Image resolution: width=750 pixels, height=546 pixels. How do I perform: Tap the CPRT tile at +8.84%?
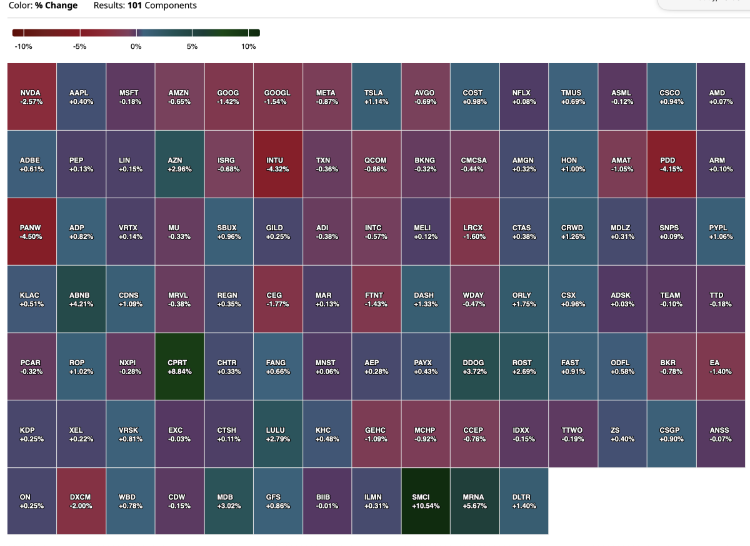[178, 367]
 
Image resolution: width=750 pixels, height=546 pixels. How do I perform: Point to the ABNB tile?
[81, 299]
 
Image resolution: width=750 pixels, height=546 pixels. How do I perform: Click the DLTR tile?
[524, 502]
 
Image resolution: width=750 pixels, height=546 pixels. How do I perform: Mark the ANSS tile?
[721, 434]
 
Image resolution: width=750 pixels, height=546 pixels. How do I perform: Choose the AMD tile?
[721, 96]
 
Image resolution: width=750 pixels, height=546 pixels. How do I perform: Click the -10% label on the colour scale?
[23, 46]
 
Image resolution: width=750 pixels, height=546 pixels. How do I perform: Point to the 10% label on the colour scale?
[248, 46]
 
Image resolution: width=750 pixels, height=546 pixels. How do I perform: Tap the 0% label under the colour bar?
[136, 46]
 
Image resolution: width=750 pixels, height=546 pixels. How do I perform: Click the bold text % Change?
[57, 6]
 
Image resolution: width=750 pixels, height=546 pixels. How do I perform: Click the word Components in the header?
[171, 6]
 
